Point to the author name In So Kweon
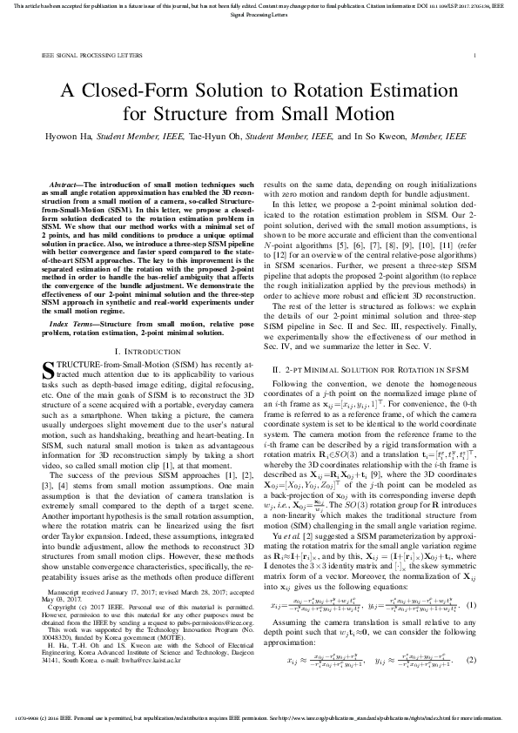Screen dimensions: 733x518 coord(377,138)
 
